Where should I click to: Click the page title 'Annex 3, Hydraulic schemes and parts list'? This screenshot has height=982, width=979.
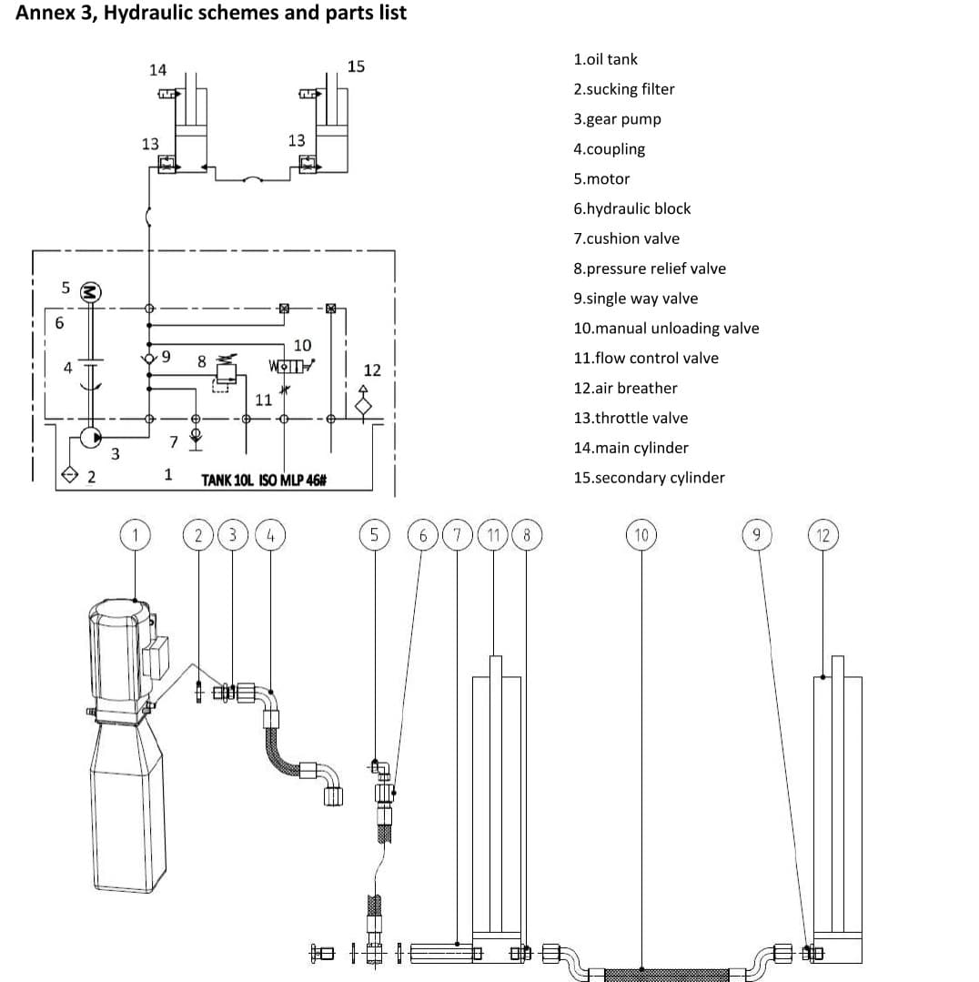tap(211, 14)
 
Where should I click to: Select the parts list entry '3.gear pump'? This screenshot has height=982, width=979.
tap(617, 119)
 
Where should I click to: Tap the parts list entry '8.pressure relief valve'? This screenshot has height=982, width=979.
tap(649, 268)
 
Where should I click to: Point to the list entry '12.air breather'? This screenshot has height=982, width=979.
tap(625, 388)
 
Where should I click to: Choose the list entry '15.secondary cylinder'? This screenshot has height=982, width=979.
tap(649, 478)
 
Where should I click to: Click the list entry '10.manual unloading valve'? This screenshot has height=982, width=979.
tap(665, 329)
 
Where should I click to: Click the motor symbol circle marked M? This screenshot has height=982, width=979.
tap(91, 292)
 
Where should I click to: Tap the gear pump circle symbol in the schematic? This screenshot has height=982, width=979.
tap(90, 438)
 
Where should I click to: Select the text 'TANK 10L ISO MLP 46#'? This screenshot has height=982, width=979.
tap(264, 480)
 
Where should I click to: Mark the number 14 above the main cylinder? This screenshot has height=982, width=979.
tap(158, 70)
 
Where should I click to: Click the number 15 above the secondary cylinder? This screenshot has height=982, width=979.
tap(356, 66)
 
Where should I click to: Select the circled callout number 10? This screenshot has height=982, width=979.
tap(641, 535)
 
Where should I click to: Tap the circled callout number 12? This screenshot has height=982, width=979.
tap(823, 535)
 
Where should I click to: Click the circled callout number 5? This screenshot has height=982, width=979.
tap(374, 535)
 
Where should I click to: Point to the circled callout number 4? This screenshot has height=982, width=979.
tap(270, 535)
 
